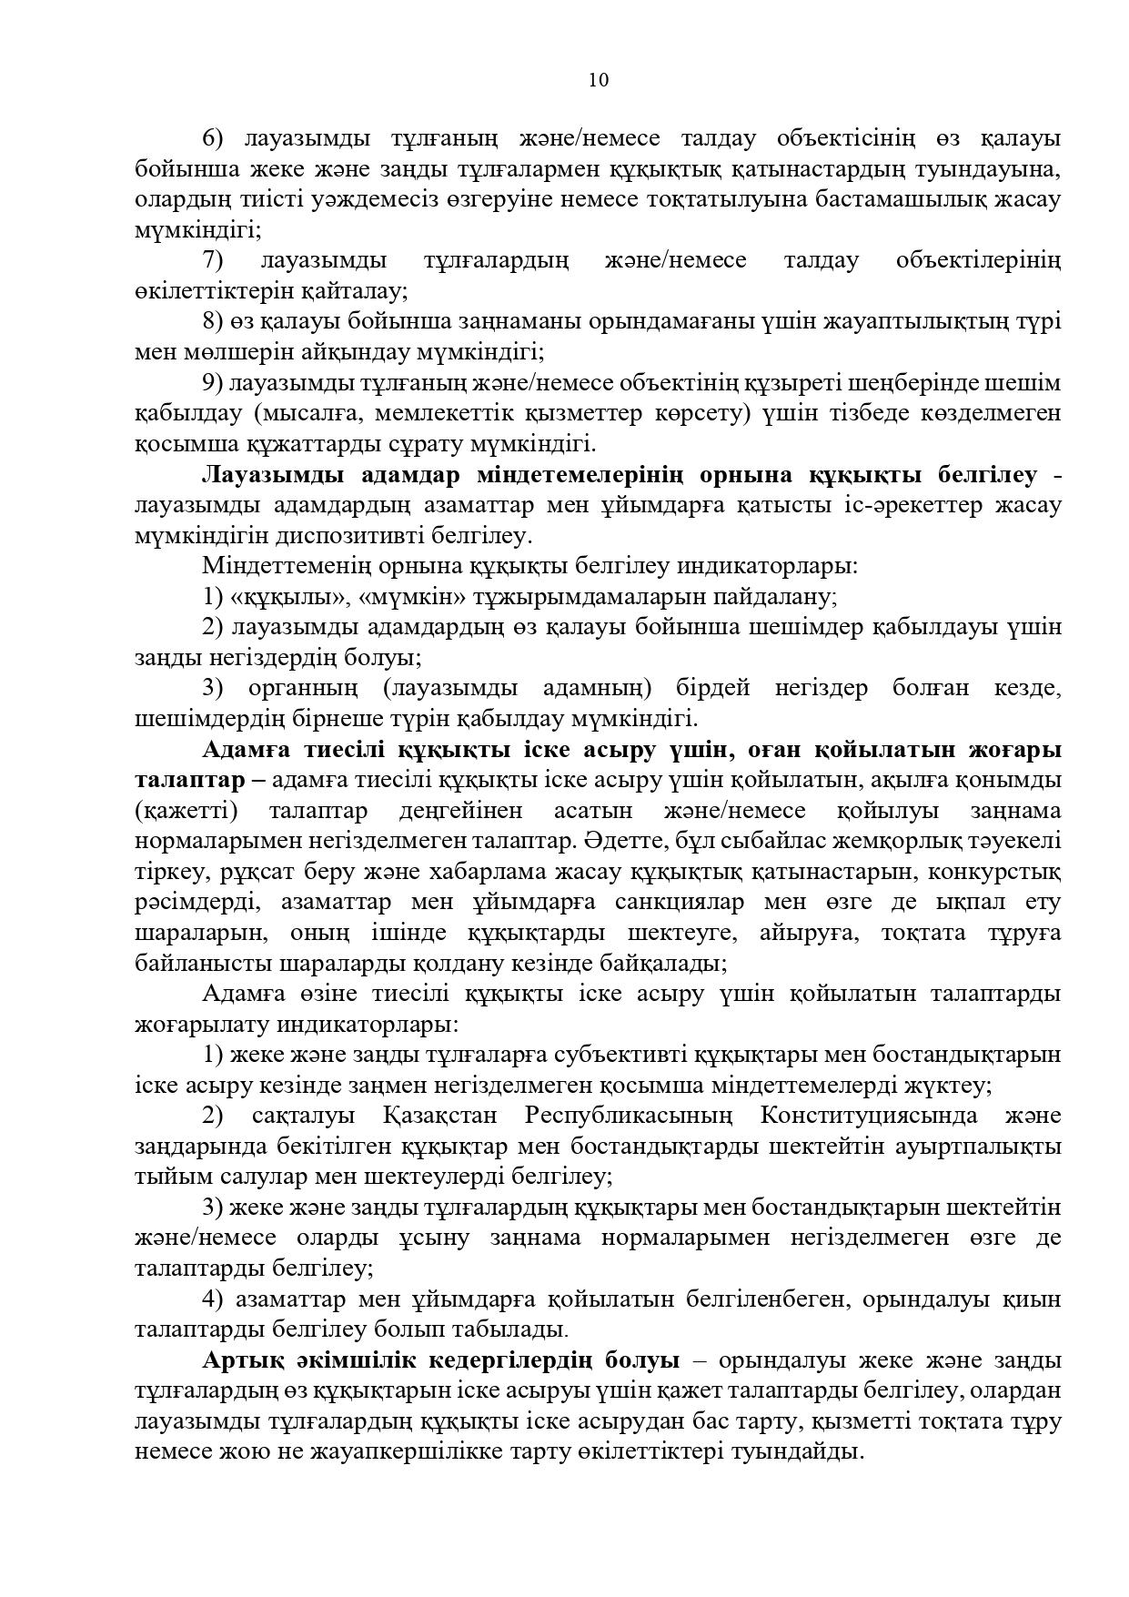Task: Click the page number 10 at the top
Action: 598,80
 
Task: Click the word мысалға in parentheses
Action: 299,414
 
